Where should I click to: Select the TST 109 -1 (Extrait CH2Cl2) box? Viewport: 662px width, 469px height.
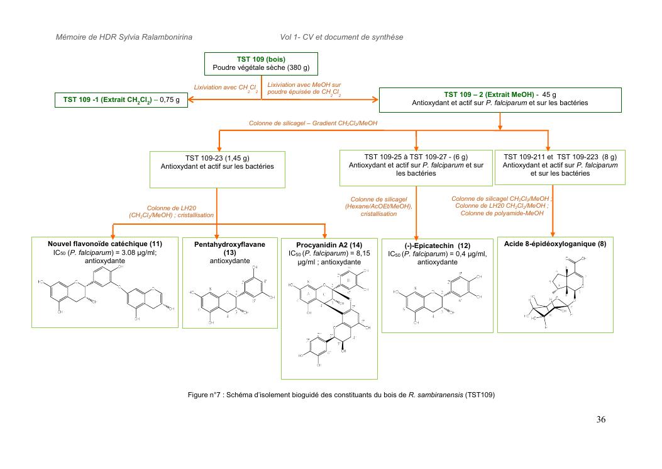[121, 99]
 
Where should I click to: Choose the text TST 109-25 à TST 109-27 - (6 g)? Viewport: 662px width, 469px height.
[416, 157]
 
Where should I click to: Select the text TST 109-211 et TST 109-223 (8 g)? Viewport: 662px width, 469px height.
[560, 157]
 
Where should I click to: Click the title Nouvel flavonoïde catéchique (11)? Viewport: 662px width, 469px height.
[105, 244]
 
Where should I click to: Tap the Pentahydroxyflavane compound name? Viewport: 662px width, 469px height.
[229, 244]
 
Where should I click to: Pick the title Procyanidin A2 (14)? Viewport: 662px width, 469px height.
[329, 244]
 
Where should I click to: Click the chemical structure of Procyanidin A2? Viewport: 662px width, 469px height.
[329, 318]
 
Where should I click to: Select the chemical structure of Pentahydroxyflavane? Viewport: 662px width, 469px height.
[229, 296]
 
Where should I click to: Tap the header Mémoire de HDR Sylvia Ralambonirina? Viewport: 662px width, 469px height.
[123, 37]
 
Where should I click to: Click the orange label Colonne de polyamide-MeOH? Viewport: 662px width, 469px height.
[502, 213]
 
